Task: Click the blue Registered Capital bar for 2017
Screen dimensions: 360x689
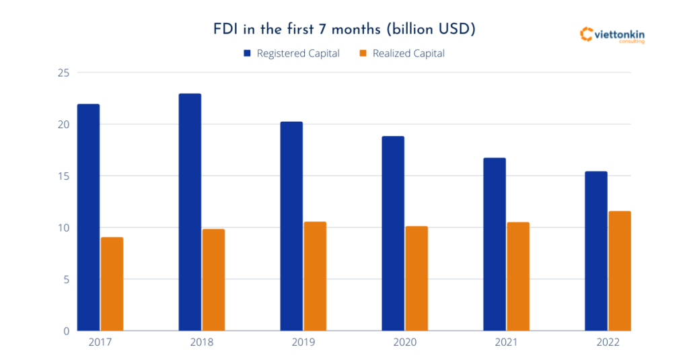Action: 89,217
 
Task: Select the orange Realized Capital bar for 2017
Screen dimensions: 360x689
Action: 112,283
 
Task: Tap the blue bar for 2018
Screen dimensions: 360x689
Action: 190,211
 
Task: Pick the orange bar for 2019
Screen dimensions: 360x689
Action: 315,276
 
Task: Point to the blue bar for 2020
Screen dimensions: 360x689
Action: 393,233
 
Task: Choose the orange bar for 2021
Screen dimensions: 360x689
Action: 518,276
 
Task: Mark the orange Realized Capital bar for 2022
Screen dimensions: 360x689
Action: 619,271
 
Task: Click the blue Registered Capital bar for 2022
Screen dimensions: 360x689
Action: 596,250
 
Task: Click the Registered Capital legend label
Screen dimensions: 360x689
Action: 298,53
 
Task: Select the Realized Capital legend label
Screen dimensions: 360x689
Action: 408,53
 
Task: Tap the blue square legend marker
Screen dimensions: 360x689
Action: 248,53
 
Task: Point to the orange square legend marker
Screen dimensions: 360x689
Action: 363,53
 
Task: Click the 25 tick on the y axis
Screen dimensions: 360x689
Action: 63,73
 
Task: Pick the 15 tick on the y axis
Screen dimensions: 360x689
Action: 63,176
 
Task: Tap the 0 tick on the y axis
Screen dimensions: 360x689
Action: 66,331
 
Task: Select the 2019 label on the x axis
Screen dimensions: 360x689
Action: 303,343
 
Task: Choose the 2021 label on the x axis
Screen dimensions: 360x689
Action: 506,343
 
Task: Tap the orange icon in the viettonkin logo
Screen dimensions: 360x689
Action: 585,34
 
